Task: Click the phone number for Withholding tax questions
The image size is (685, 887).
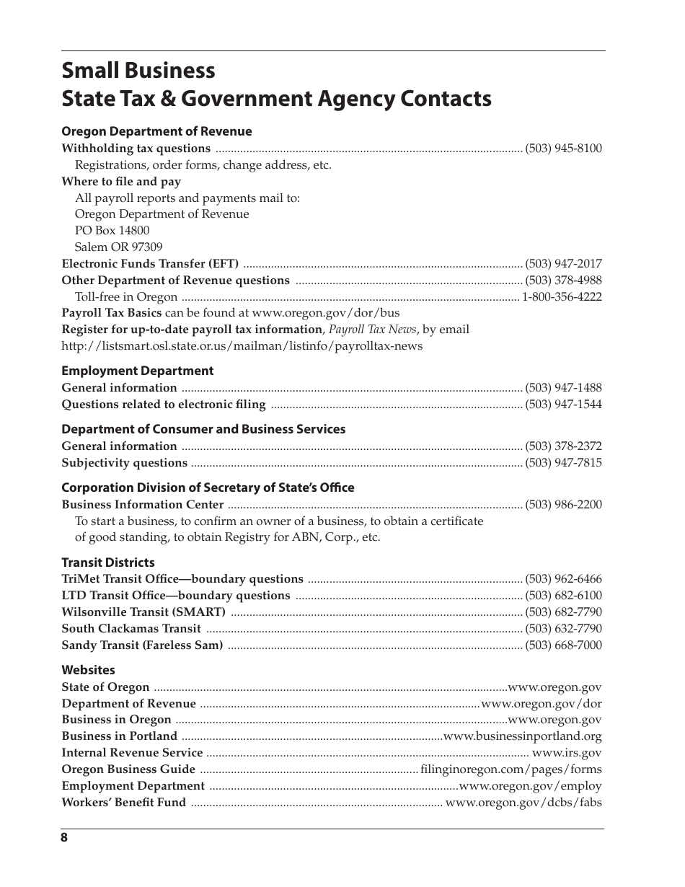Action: click(563, 149)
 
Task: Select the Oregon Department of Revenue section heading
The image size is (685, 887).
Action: click(156, 131)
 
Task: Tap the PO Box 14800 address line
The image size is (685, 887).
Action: click(112, 231)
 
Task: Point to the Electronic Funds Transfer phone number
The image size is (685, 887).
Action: click(563, 264)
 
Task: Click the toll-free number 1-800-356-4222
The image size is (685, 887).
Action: click(562, 297)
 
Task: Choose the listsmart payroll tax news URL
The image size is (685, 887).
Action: click(242, 345)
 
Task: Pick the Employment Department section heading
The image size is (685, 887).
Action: click(137, 371)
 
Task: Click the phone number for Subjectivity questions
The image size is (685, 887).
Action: click(563, 463)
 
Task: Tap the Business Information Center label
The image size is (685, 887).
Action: click(142, 505)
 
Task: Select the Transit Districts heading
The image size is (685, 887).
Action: click(107, 562)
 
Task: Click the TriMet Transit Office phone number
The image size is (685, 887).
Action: click(563, 579)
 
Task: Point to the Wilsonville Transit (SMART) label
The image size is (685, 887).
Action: click(143, 612)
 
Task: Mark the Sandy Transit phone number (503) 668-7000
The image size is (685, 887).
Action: click(563, 645)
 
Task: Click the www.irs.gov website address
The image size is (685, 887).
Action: click(566, 753)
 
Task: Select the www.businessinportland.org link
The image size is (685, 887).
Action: click(522, 736)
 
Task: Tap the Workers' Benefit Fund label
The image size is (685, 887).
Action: click(123, 803)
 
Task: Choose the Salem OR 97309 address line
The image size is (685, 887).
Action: click(118, 247)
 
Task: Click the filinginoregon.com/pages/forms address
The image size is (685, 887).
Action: click(511, 769)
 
